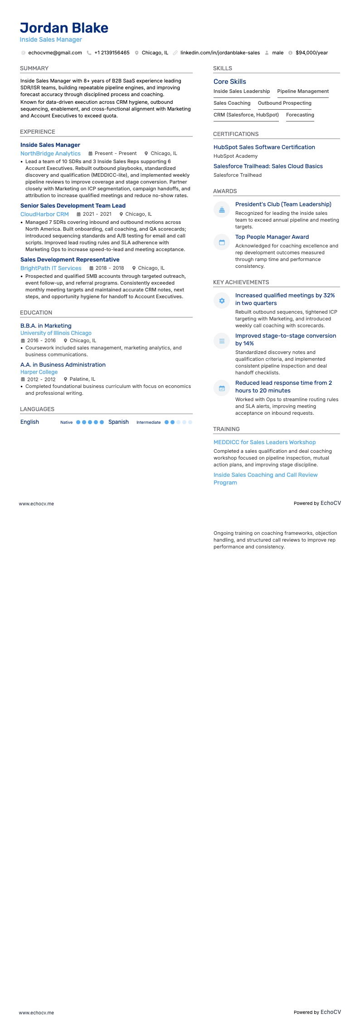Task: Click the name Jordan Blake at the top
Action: click(x=64, y=28)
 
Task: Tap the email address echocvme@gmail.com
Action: click(x=55, y=53)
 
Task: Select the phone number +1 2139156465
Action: click(x=112, y=53)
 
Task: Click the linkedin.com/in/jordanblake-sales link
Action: click(x=220, y=53)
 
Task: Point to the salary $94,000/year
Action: click(x=311, y=53)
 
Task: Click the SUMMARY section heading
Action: click(x=34, y=68)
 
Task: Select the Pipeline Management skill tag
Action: click(x=303, y=92)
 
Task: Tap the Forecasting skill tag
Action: click(x=300, y=115)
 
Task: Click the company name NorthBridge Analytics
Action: click(x=50, y=154)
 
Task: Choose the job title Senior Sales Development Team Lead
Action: click(x=73, y=206)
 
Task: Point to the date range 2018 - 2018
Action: click(x=109, y=268)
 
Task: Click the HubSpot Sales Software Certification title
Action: click(x=264, y=147)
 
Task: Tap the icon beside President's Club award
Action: click(x=222, y=209)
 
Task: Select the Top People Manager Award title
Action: click(x=272, y=237)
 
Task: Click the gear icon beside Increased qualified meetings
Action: click(x=222, y=301)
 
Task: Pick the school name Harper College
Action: click(x=39, y=372)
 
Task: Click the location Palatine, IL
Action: click(x=82, y=379)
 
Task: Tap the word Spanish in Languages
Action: click(x=118, y=422)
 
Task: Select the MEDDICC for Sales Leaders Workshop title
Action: click(x=264, y=442)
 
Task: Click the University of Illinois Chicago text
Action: click(x=56, y=333)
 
